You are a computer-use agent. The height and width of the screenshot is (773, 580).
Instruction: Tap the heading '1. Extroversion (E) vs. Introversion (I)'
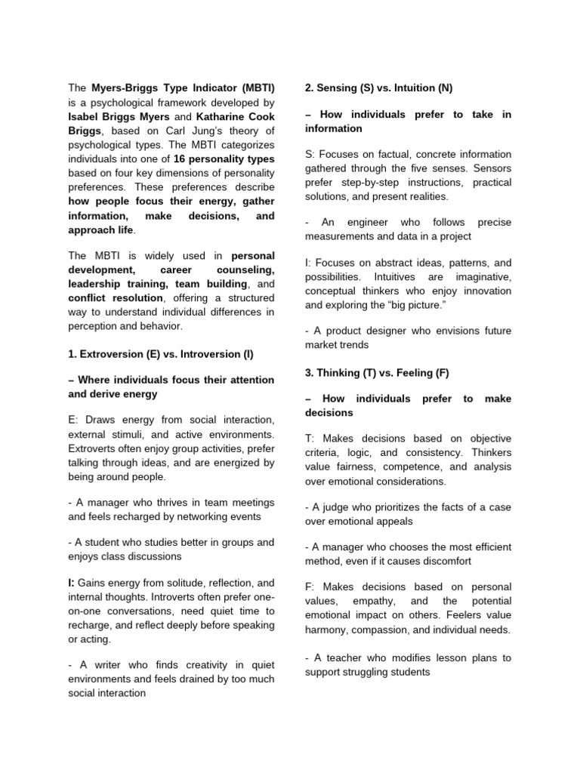click(161, 354)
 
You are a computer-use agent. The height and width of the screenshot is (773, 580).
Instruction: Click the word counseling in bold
click(245, 269)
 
